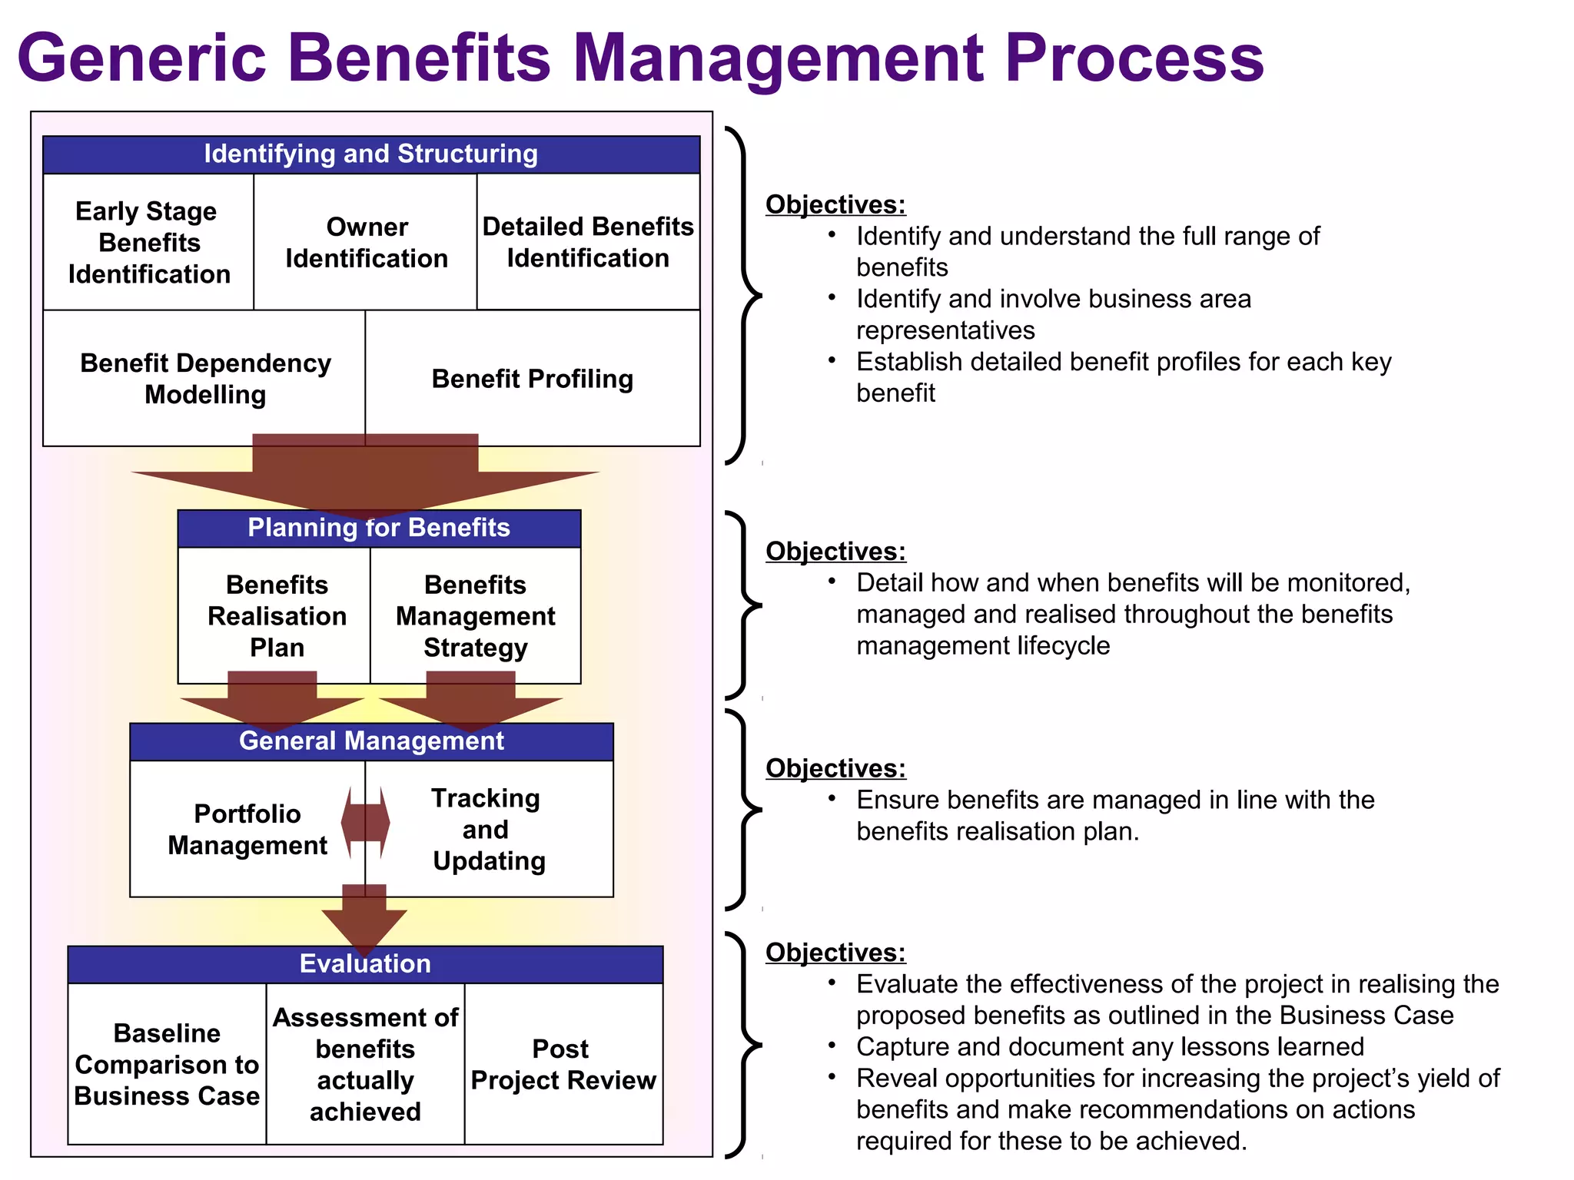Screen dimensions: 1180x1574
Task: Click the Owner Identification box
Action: pyautogui.click(x=366, y=243)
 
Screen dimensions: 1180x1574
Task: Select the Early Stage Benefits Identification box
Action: pyautogui.click(x=148, y=243)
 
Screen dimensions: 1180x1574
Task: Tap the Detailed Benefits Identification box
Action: pyautogui.click(x=588, y=243)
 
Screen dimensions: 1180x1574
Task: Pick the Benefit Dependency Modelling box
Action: pyautogui.click(x=204, y=379)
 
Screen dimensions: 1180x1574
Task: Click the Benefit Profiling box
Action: pyautogui.click(x=533, y=379)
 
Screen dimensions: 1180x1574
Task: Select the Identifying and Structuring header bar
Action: pyautogui.click(x=371, y=154)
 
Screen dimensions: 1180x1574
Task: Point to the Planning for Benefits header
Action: pyautogui.click(x=379, y=529)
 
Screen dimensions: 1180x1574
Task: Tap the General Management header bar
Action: pyautogui.click(x=371, y=741)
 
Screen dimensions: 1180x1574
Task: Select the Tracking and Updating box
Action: pyautogui.click(x=489, y=830)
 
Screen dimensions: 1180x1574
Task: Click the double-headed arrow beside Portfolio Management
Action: pyautogui.click(x=366, y=823)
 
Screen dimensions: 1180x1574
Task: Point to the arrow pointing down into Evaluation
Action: pyautogui.click(x=364, y=922)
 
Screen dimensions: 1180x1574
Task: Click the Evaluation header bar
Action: pyautogui.click(x=365, y=964)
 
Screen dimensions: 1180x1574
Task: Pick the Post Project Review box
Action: pyautogui.click(x=563, y=1065)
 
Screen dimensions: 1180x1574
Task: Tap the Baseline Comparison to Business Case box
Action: pyautogui.click(x=167, y=1065)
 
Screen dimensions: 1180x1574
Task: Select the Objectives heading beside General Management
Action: pyautogui.click(x=835, y=768)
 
